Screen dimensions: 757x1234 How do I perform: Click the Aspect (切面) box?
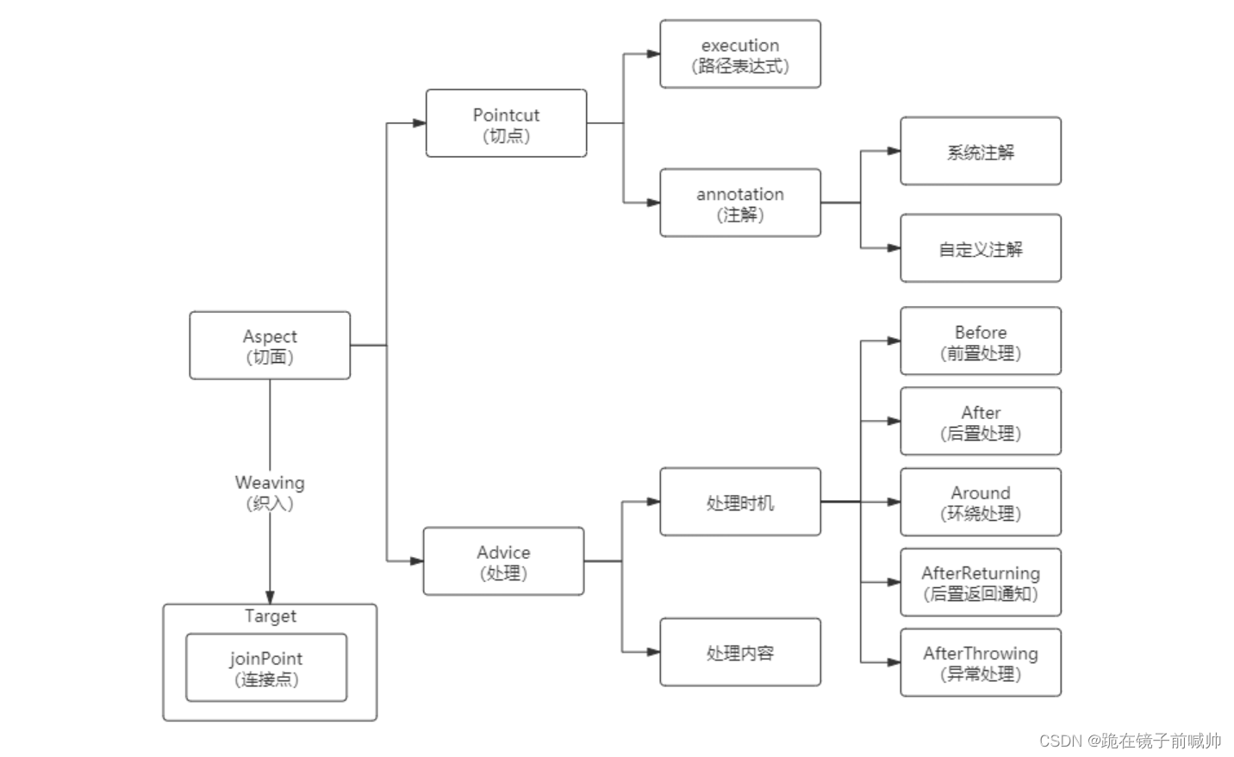pyautogui.click(x=270, y=346)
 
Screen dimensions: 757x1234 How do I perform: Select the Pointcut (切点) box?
pyautogui.click(x=506, y=123)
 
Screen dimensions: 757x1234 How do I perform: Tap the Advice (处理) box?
pyautogui.click(x=503, y=561)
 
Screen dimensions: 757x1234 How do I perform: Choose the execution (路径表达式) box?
pyautogui.click(x=740, y=54)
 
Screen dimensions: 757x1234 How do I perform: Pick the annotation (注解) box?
pyautogui.click(x=740, y=203)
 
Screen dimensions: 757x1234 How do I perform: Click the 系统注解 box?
pyautogui.click(x=981, y=152)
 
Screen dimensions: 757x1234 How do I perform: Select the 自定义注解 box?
pyautogui.click(x=981, y=248)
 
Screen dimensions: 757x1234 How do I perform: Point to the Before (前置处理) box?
pyautogui.click(x=981, y=341)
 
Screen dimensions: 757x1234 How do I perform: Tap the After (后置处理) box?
pyautogui.click(x=981, y=422)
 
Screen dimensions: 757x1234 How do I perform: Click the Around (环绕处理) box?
pyautogui.click(x=981, y=503)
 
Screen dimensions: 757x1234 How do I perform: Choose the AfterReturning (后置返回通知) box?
pyautogui.click(x=981, y=583)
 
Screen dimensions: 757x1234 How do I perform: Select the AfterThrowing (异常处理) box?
pyautogui.click(x=981, y=663)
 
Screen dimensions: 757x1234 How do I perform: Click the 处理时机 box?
pyautogui.click(x=740, y=503)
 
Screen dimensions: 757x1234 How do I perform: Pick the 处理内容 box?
pyautogui.click(x=740, y=653)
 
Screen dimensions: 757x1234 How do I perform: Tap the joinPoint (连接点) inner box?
pyautogui.click(x=266, y=668)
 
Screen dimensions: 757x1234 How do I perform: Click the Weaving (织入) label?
pyautogui.click(x=270, y=492)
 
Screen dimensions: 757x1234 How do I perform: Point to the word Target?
pyautogui.click(x=270, y=616)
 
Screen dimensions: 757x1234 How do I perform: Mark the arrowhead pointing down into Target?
pyautogui.click(x=270, y=597)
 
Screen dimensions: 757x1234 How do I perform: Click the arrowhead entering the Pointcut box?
pyautogui.click(x=419, y=123)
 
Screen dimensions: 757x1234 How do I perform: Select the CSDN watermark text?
pyautogui.click(x=1130, y=741)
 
